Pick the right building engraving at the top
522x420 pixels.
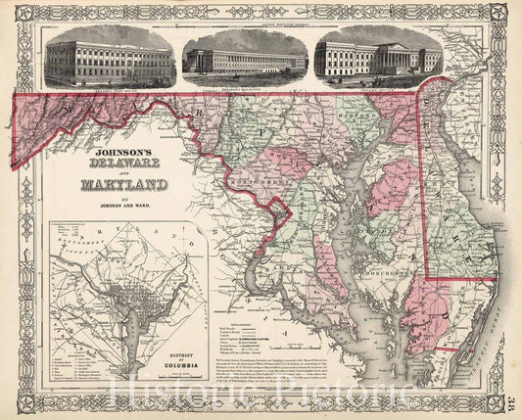pos(376,59)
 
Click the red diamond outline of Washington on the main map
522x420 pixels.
pos(280,209)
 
